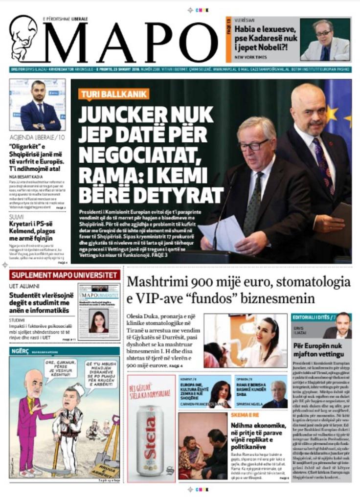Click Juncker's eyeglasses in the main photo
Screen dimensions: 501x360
254,144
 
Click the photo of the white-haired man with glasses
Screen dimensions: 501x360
325,40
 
